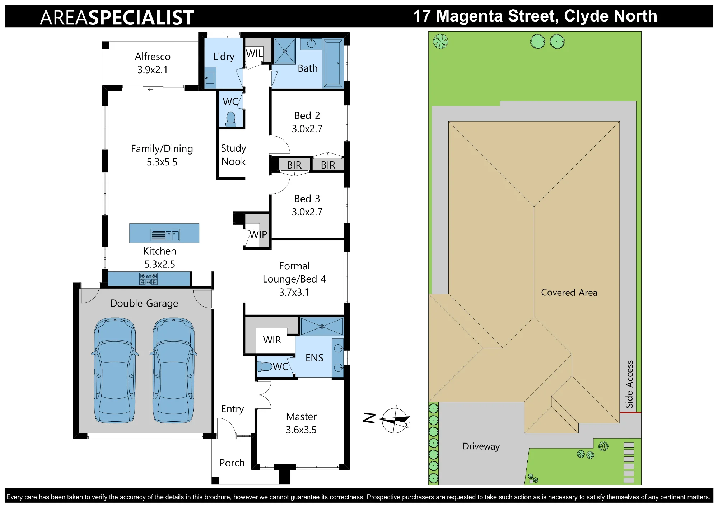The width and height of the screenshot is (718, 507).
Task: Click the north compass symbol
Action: click(x=395, y=420)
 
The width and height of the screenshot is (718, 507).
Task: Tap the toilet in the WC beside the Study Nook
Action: click(x=231, y=119)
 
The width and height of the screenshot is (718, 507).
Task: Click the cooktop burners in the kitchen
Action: click(x=149, y=279)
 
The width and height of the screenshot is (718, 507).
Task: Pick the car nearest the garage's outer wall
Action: click(x=115, y=370)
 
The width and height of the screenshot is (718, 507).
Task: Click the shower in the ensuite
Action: click(x=322, y=326)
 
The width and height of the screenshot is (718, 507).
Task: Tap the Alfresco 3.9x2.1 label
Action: click(x=153, y=63)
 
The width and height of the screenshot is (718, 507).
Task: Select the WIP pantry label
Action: click(x=258, y=234)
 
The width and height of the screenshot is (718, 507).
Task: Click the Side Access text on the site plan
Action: click(x=629, y=384)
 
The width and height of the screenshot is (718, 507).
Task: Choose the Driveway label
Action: click(x=481, y=446)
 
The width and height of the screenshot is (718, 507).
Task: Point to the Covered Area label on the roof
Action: click(x=569, y=293)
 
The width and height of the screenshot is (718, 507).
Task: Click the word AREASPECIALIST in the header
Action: click(x=117, y=18)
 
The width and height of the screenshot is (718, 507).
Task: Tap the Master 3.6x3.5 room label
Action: click(x=301, y=423)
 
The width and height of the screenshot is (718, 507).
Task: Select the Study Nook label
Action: click(x=233, y=155)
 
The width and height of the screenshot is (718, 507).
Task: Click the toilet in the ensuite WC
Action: click(x=265, y=366)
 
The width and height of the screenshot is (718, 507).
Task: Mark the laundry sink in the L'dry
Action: click(x=210, y=78)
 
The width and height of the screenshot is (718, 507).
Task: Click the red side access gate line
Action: click(x=630, y=413)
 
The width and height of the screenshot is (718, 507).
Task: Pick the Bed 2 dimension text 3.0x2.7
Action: click(x=307, y=129)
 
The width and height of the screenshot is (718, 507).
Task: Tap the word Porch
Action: click(x=232, y=463)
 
